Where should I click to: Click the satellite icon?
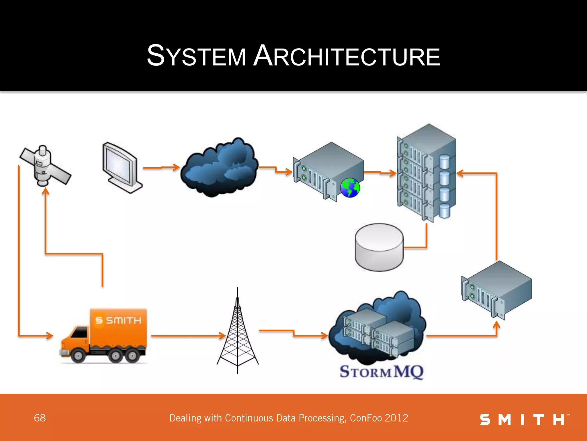[45, 166]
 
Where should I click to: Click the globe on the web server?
[350, 188]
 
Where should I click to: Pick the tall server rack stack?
[426, 173]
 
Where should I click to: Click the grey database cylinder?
[379, 247]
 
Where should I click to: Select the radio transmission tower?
[238, 333]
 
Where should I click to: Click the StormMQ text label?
[381, 372]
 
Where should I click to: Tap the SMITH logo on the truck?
[118, 320]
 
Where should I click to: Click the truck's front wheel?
[78, 356]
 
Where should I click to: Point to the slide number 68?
[40, 418]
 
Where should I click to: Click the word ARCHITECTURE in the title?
[347, 56]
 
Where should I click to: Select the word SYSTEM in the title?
[196, 56]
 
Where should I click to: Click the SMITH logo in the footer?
[524, 419]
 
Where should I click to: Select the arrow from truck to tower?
[188, 335]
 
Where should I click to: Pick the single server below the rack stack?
[497, 290]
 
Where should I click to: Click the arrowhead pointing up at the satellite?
[46, 191]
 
